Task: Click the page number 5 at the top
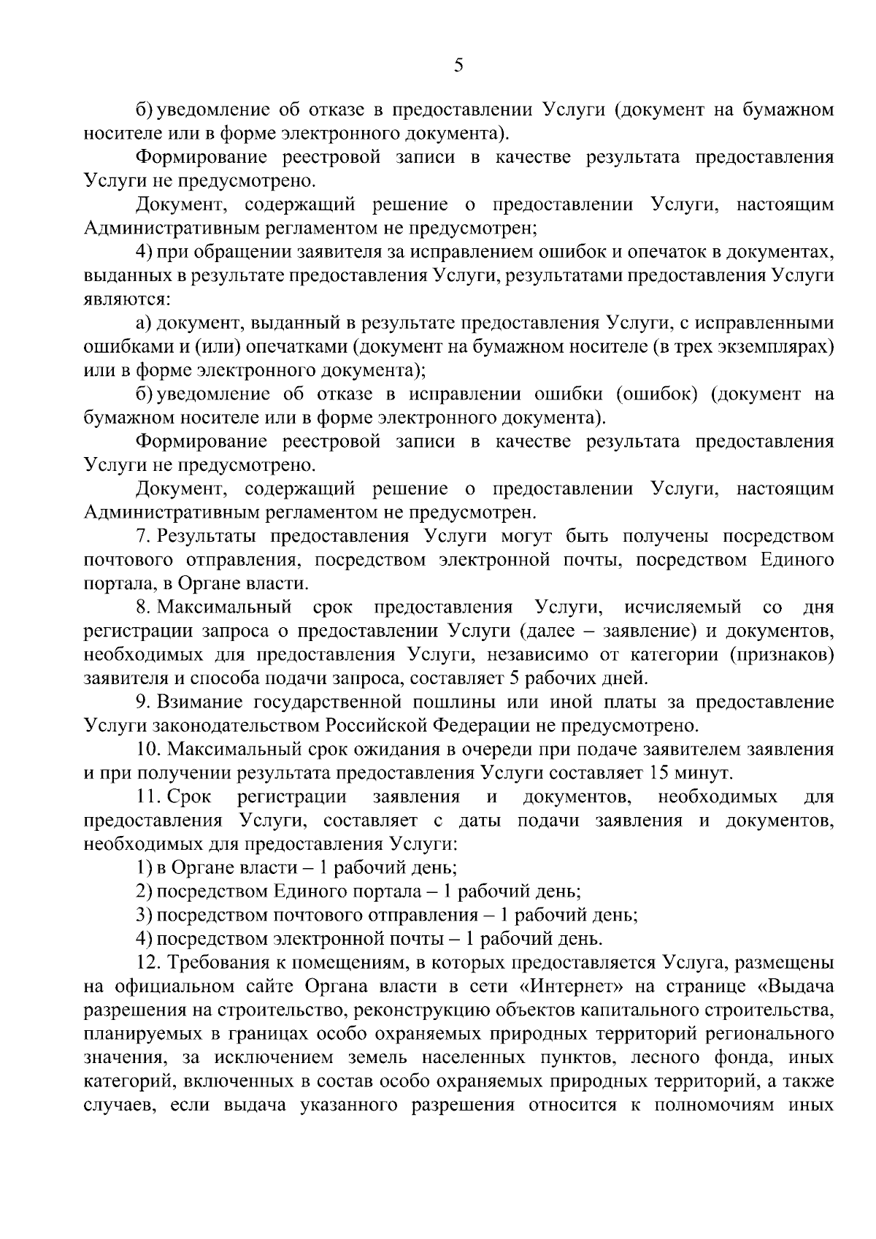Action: (x=458, y=66)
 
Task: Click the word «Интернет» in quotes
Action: (x=570, y=986)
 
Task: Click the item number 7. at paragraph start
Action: (x=143, y=537)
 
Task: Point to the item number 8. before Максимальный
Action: (x=143, y=607)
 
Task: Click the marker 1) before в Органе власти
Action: (x=144, y=867)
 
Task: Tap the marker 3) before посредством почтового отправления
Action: (x=144, y=915)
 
